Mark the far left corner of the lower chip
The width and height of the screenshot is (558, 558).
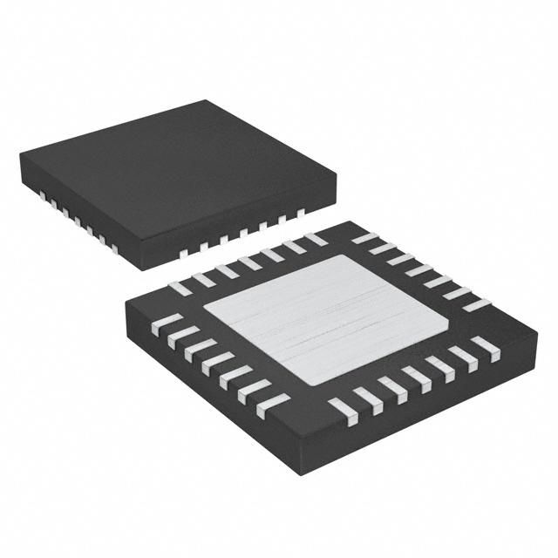(x=125, y=303)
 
